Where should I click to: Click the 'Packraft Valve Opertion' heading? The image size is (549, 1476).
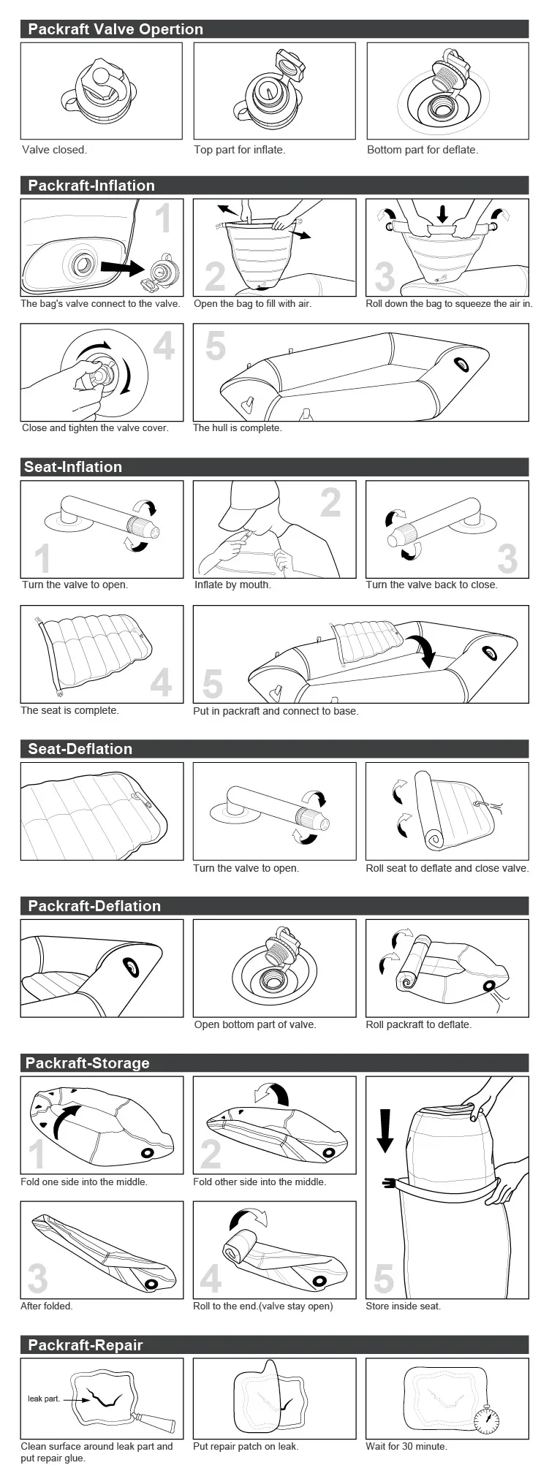click(116, 29)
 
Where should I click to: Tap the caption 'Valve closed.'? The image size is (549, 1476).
click(54, 150)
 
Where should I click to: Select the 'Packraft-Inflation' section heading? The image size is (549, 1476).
click(91, 186)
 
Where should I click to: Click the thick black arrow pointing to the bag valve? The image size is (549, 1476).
click(122, 268)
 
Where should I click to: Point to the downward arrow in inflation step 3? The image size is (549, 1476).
click(442, 214)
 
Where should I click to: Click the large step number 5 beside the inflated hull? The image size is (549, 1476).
click(215, 346)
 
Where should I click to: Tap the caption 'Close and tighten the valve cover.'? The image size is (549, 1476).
click(95, 428)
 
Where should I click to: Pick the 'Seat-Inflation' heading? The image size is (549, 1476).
click(73, 467)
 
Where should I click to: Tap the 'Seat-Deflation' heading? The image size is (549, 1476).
click(80, 749)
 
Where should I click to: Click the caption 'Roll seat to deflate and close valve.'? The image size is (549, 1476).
click(447, 868)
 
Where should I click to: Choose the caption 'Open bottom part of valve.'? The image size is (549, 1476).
click(255, 1024)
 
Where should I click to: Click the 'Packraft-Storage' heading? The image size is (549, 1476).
click(87, 1063)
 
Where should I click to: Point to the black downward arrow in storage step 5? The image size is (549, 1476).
click(385, 1130)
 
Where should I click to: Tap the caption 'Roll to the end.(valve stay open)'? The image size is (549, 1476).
click(263, 1306)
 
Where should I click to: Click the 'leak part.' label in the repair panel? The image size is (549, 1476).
click(44, 1399)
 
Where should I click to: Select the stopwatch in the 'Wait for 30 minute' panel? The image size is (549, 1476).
click(486, 1419)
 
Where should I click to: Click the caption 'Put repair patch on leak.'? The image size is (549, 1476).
click(246, 1446)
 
